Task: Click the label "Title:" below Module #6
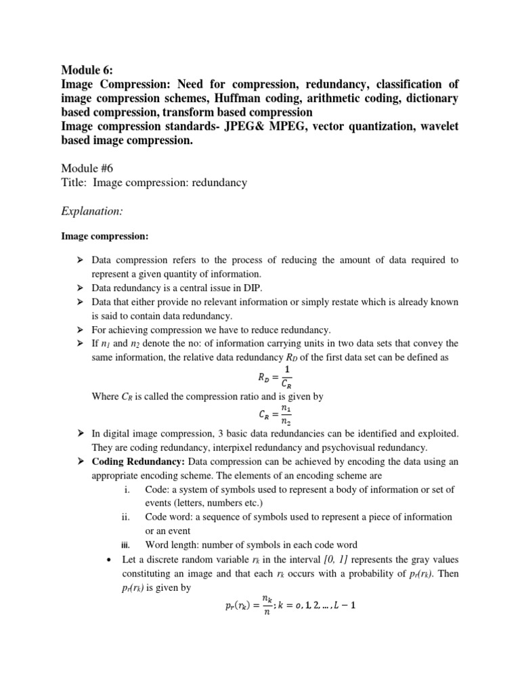[x=75, y=183]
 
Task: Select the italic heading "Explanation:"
[x=92, y=211]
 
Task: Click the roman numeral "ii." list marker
[x=125, y=516]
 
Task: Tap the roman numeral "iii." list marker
[x=125, y=545]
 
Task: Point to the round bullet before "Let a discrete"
[x=109, y=560]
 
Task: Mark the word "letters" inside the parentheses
[x=191, y=503]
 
